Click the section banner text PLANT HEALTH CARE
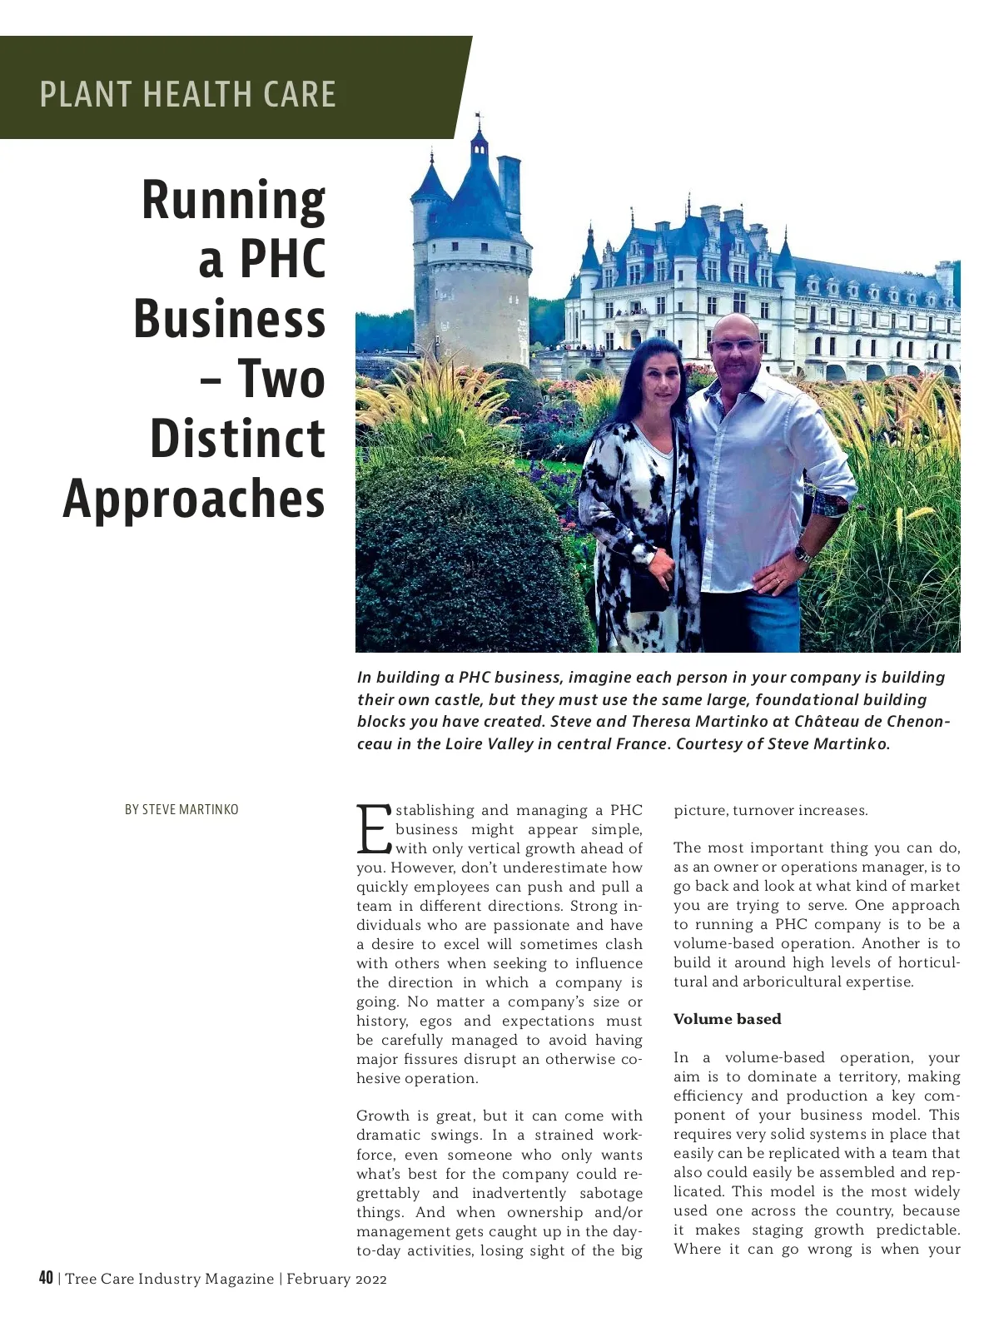pos(188,94)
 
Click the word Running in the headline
pos(233,201)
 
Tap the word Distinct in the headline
pos(237,439)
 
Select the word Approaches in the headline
pos(194,499)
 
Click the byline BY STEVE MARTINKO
pos(181,809)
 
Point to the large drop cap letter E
pos(374,829)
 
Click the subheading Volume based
pos(727,1019)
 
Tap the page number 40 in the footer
pos(46,1278)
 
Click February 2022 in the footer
pos(336,1279)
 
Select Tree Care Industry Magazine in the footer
pos(169,1279)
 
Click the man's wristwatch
pos(802,553)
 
